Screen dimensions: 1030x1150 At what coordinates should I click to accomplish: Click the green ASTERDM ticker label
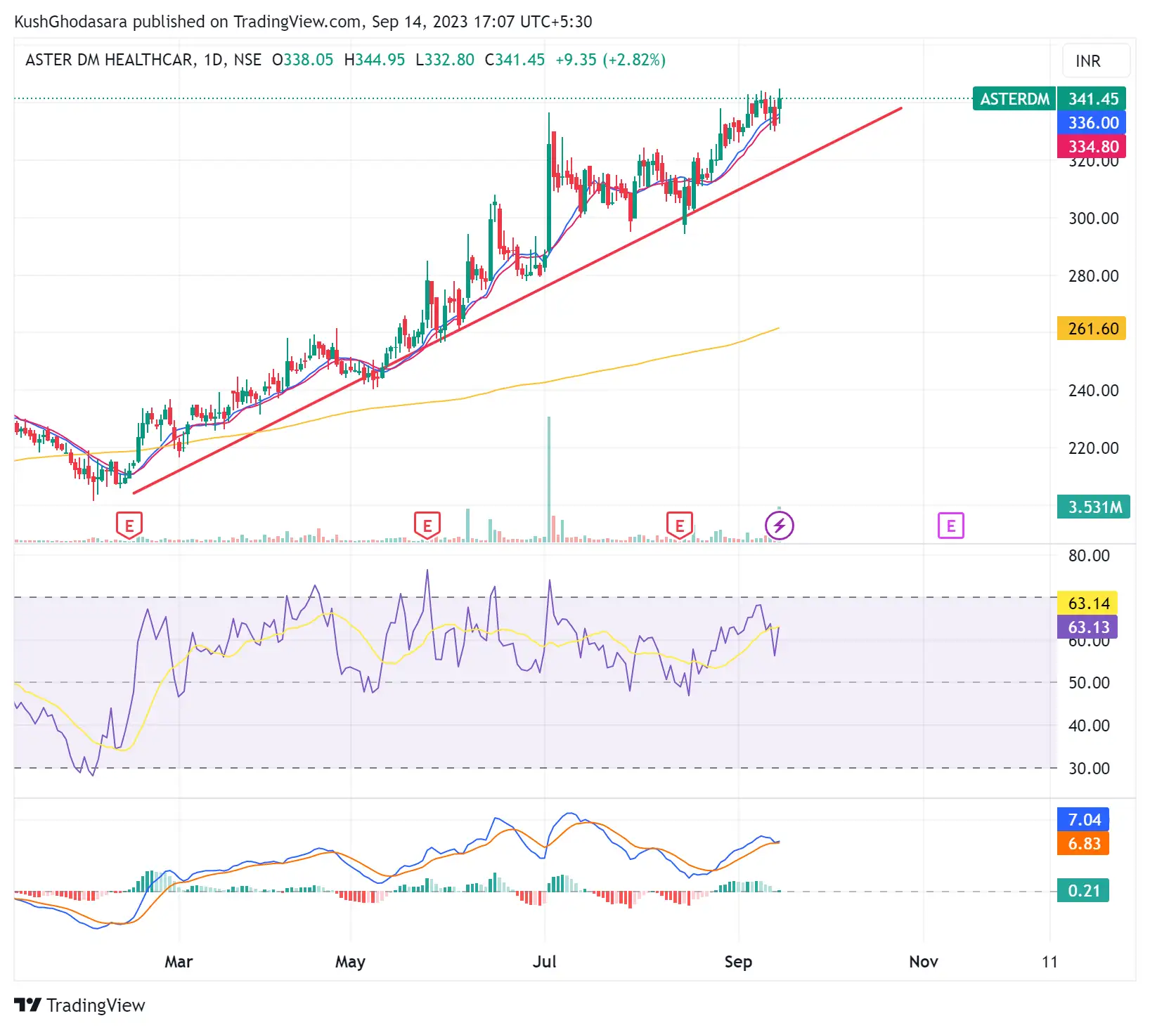click(1014, 99)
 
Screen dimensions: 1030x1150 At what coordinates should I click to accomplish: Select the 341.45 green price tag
click(1092, 99)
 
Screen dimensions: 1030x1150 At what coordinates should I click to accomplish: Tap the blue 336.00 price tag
click(1092, 123)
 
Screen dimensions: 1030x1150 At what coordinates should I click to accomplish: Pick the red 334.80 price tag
click(1092, 147)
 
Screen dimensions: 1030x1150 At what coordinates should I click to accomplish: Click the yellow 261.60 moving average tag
click(1092, 329)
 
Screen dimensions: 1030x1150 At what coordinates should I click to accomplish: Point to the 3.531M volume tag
click(1094, 507)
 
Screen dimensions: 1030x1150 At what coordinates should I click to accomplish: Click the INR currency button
click(1087, 61)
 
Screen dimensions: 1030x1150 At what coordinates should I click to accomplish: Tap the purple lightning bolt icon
click(780, 526)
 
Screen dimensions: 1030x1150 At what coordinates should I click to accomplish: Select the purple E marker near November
click(950, 526)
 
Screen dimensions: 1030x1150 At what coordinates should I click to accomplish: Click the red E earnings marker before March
click(129, 526)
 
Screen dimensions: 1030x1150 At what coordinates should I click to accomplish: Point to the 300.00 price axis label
click(1093, 219)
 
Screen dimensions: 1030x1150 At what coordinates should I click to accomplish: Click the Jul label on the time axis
click(545, 962)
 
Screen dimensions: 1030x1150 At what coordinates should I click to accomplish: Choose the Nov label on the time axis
click(923, 962)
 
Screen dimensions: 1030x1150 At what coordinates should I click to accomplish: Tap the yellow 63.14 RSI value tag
click(1088, 604)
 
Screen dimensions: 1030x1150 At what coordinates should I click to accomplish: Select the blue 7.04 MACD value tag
click(1084, 820)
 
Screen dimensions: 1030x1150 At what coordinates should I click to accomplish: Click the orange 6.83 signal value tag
click(1084, 844)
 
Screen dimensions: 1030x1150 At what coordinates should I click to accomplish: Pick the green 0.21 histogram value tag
click(1084, 891)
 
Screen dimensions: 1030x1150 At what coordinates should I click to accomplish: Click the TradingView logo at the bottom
click(79, 1005)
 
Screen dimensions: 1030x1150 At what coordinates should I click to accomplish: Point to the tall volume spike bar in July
click(549, 478)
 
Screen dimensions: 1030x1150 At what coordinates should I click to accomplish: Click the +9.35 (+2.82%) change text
click(610, 60)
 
